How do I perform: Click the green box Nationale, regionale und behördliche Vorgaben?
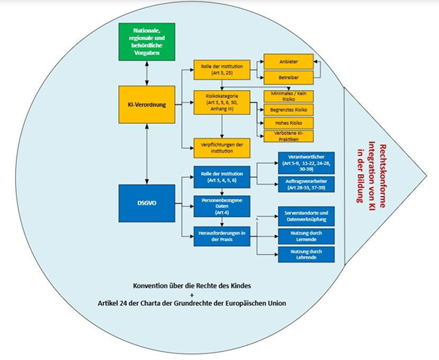pos(147,42)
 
